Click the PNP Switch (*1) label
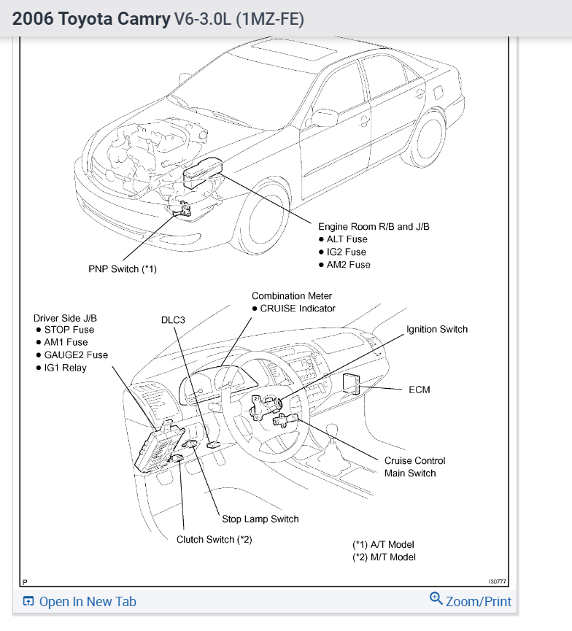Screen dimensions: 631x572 (x=123, y=269)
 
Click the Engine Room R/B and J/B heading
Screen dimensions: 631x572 (x=374, y=227)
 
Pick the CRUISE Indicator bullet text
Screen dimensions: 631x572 (x=298, y=309)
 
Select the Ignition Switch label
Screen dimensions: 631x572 (x=437, y=330)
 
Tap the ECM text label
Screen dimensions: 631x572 (x=420, y=390)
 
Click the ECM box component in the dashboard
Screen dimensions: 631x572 (x=352, y=382)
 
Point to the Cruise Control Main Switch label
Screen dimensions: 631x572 (x=414, y=467)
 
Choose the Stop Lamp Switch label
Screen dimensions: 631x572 (x=260, y=519)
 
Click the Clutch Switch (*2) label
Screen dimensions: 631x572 (x=214, y=540)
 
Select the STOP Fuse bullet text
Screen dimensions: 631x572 (x=69, y=330)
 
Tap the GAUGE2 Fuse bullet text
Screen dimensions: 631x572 (x=76, y=355)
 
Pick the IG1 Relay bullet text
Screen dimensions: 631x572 (x=66, y=368)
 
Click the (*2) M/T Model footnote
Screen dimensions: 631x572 (x=384, y=557)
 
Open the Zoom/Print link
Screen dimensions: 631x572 (x=471, y=601)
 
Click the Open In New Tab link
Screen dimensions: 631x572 (x=80, y=602)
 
